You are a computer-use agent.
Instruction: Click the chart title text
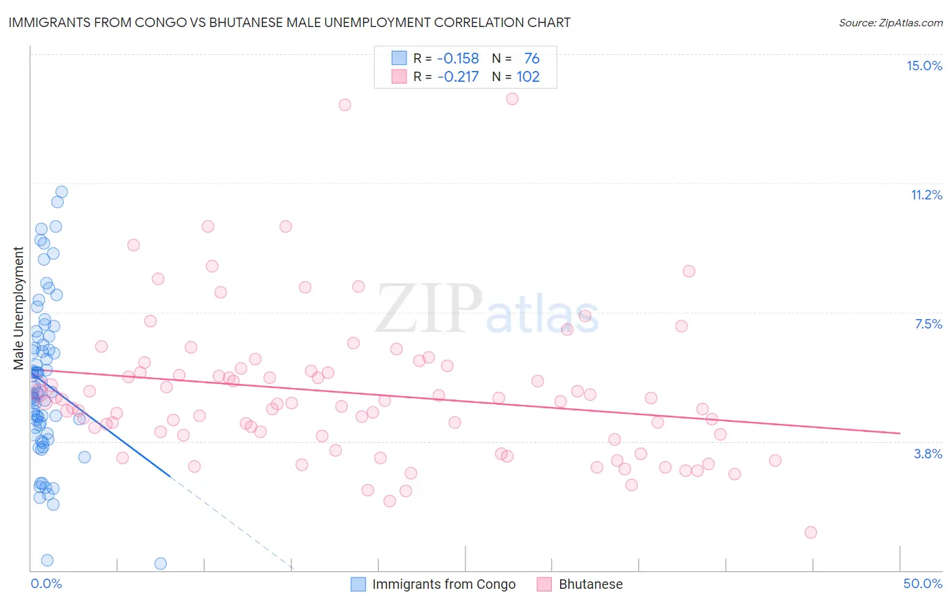pos(289,22)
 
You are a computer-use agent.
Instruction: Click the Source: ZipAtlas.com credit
pos(890,22)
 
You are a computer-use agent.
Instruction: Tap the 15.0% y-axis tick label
pos(924,66)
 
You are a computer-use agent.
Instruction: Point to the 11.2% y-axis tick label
pos(926,195)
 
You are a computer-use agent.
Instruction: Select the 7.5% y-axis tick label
pos(928,324)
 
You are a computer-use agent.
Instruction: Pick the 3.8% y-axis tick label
pos(928,454)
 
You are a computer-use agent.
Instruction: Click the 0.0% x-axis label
pos(46,583)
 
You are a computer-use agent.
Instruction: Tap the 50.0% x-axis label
pos(923,583)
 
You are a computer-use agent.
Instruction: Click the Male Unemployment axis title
pos(19,308)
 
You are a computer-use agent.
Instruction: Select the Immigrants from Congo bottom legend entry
pos(443,584)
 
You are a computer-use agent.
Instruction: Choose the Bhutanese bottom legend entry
pos(590,584)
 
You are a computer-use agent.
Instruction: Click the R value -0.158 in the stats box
pos(458,59)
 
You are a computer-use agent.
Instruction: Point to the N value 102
pos(528,77)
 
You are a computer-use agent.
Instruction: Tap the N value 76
pos(532,59)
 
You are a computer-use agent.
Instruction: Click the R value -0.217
pos(458,77)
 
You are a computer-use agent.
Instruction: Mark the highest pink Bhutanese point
pos(512,99)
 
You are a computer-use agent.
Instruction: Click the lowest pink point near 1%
pos(810,532)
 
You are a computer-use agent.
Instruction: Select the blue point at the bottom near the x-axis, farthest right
pos(160,563)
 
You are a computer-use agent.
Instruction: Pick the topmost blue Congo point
pos(62,192)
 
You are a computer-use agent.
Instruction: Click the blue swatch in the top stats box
pos(399,58)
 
